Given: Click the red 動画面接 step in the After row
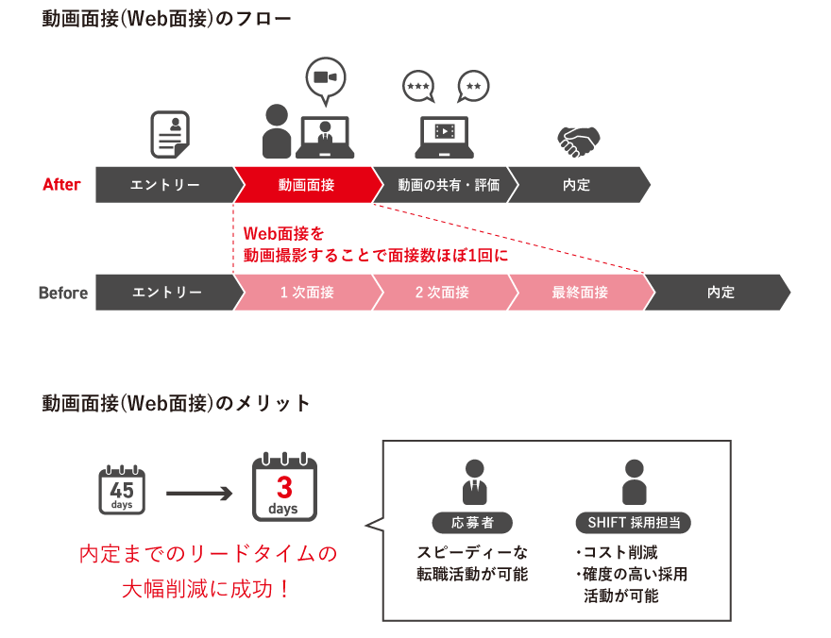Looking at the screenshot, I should [x=305, y=185].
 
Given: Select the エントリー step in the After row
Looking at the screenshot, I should [x=164, y=185].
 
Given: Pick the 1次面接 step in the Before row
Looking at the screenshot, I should [x=306, y=293].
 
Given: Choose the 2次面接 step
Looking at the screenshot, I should [x=441, y=293].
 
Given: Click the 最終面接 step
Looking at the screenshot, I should [x=579, y=293].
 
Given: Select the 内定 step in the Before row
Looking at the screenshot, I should [x=720, y=293].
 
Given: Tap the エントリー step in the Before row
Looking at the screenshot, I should [x=166, y=293].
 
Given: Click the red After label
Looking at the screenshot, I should [x=62, y=185].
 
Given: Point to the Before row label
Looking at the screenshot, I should [x=62, y=293].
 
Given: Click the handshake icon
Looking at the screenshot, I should [x=579, y=141].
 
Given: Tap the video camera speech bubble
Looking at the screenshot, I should [x=326, y=77].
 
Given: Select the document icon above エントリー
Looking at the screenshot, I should [x=170, y=134].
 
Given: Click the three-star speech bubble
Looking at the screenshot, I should [x=418, y=87].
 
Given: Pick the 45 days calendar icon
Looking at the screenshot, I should [x=122, y=491].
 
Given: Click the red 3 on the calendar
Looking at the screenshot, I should [x=284, y=487].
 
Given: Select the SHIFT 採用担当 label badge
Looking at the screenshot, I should [x=633, y=522].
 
